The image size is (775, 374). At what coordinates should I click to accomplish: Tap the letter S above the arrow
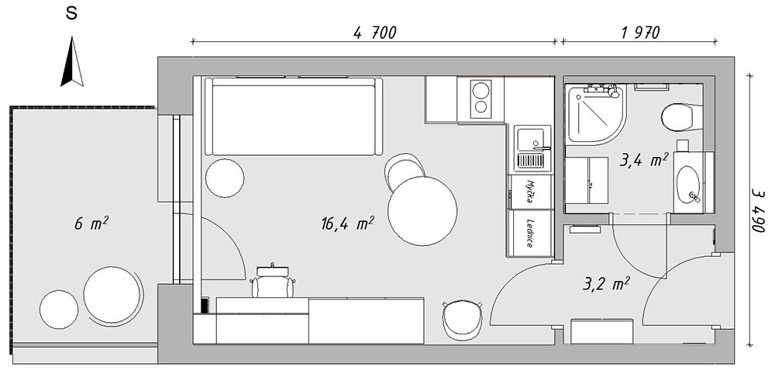pyautogui.click(x=71, y=14)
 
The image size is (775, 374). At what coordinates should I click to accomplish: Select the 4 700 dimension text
pyautogui.click(x=375, y=33)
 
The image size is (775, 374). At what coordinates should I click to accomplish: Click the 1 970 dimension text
pyautogui.click(x=641, y=33)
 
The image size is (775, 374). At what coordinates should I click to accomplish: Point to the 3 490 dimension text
pyautogui.click(x=758, y=210)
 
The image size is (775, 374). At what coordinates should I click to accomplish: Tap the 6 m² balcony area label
pyautogui.click(x=91, y=223)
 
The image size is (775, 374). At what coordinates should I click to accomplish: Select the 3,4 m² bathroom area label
pyautogui.click(x=643, y=159)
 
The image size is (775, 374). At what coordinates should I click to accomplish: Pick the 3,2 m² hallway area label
pyautogui.click(x=606, y=284)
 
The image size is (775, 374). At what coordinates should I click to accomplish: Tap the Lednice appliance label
pyautogui.click(x=529, y=233)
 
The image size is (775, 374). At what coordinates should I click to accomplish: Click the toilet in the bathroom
pyautogui.click(x=681, y=117)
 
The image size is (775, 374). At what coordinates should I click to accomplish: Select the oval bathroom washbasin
pyautogui.click(x=687, y=184)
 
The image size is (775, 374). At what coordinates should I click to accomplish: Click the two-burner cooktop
pyautogui.click(x=481, y=99)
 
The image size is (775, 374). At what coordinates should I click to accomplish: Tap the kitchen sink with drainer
pyautogui.click(x=532, y=148)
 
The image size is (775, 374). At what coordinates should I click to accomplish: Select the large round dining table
pyautogui.click(x=422, y=211)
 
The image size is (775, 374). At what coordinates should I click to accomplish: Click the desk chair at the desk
pyautogui.click(x=273, y=281)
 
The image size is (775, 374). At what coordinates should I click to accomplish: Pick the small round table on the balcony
pyautogui.click(x=59, y=310)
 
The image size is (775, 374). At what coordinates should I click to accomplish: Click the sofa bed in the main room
pyautogui.click(x=294, y=116)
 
